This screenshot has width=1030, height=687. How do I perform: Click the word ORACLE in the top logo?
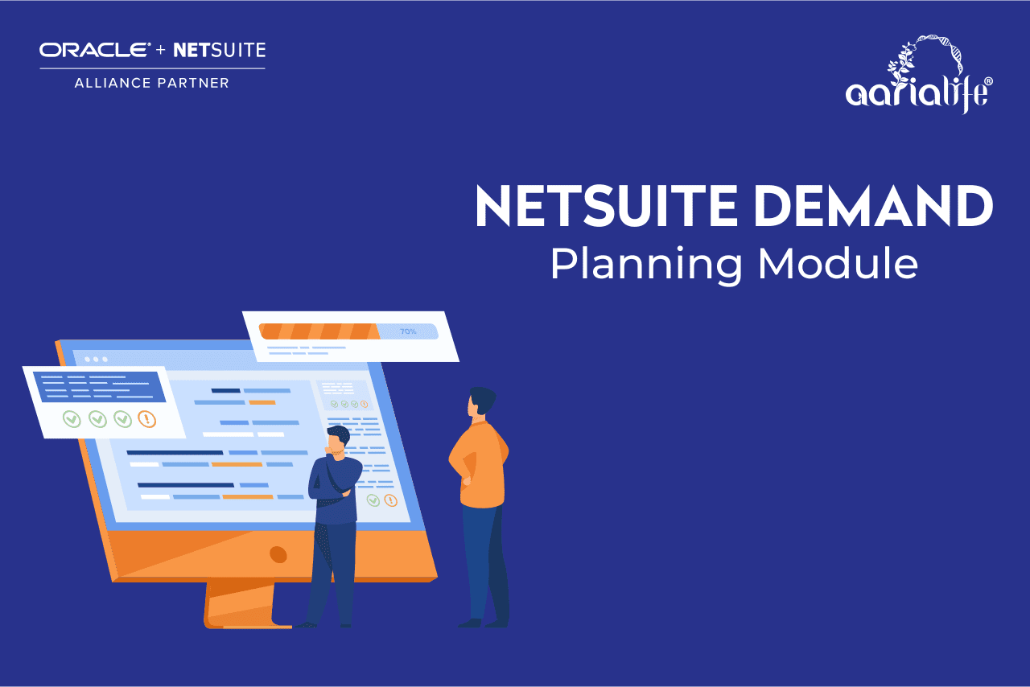click(95, 51)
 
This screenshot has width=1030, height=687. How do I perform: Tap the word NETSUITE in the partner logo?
click(219, 51)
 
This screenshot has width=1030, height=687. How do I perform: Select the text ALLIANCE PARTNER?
click(152, 83)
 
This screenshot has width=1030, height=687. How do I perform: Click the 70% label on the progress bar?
click(408, 331)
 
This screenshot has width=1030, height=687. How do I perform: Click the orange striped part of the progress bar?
click(318, 331)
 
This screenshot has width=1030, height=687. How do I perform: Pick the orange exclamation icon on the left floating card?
click(146, 419)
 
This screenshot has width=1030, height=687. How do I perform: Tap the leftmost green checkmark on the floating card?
click(72, 419)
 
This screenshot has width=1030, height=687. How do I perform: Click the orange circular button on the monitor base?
click(278, 554)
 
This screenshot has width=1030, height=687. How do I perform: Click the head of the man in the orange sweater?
click(482, 401)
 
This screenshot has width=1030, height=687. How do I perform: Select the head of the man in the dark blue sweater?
click(338, 441)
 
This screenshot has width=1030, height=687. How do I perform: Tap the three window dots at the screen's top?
click(96, 359)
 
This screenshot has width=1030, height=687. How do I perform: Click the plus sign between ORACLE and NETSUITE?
click(161, 51)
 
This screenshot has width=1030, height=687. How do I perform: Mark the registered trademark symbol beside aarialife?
click(988, 82)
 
